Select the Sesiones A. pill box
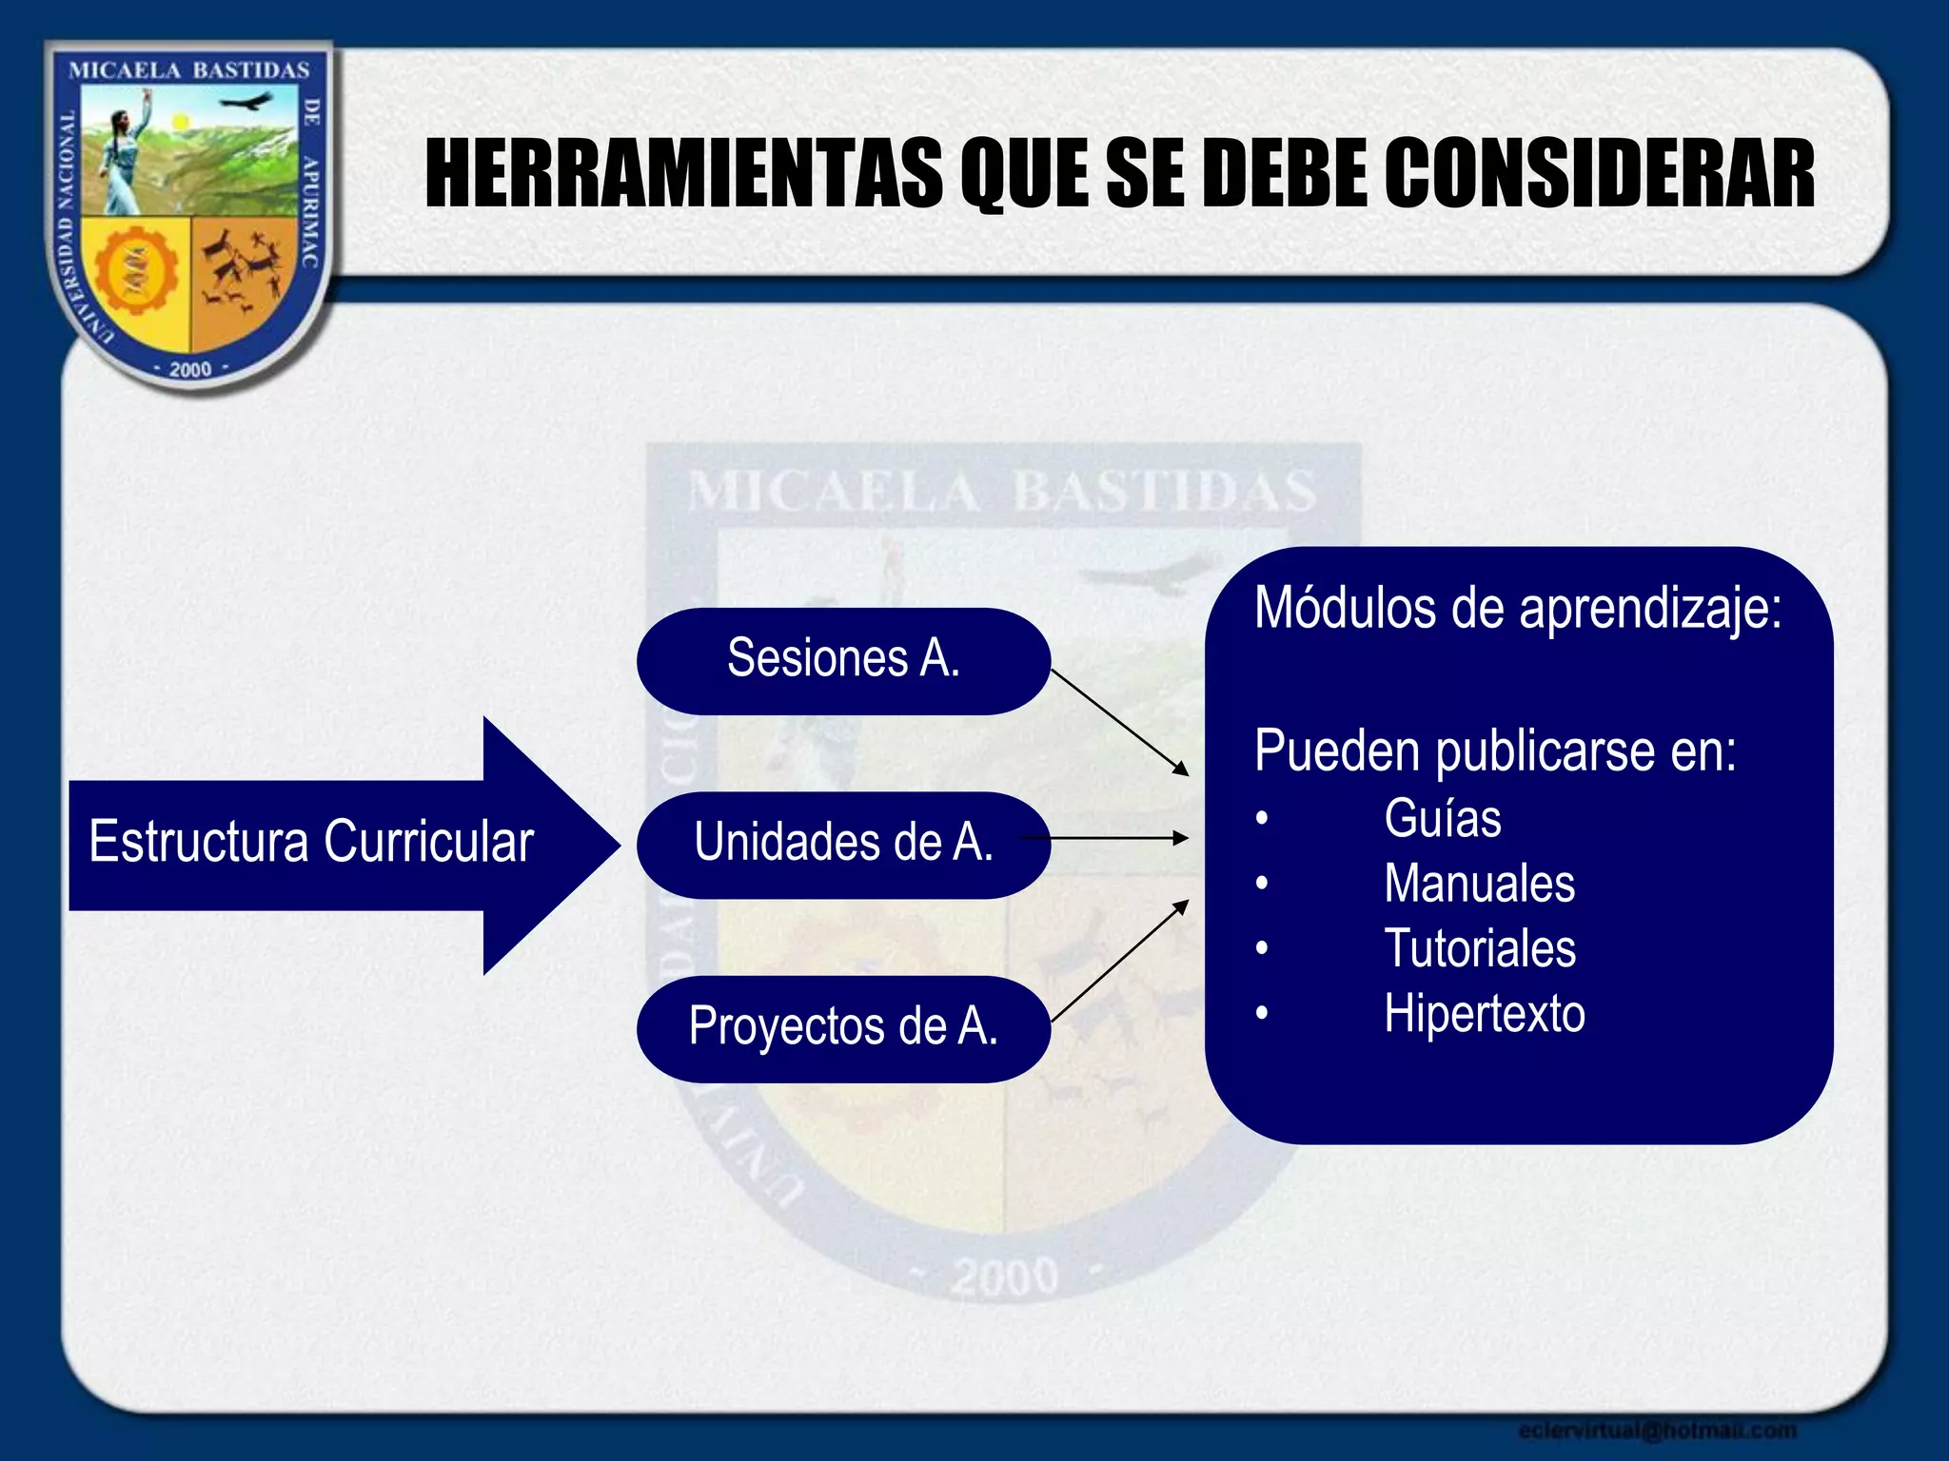[843, 660]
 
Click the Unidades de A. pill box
[843, 844]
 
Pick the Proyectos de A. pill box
[843, 1028]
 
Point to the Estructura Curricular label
[311, 843]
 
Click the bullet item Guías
[1442, 820]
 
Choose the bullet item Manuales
[1479, 885]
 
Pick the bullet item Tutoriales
[1479, 949]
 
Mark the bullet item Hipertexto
[1484, 1014]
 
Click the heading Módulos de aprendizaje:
[1518, 609]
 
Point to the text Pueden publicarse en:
[1495, 751]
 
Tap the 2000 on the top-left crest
[190, 369]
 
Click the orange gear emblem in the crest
[136, 271]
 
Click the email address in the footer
[1657, 1430]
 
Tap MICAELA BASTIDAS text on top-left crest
[189, 71]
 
